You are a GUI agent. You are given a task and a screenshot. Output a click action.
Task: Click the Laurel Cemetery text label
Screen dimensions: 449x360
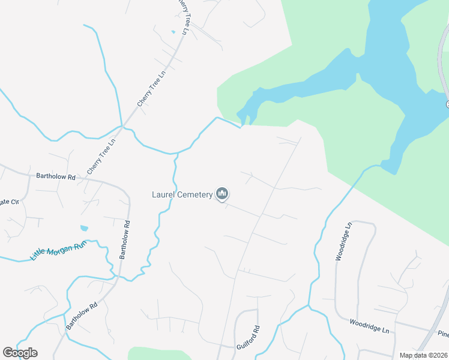(x=182, y=194)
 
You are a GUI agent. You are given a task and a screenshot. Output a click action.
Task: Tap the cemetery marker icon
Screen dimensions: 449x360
(x=223, y=193)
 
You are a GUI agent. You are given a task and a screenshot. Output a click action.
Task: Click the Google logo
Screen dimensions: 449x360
(x=20, y=352)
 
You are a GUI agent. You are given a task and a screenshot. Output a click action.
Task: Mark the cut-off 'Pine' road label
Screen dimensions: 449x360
(x=443, y=334)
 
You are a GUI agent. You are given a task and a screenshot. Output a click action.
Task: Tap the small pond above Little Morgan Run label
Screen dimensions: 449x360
(x=83, y=229)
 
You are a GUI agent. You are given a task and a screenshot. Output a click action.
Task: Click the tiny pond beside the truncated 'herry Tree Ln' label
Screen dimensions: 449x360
(x=173, y=31)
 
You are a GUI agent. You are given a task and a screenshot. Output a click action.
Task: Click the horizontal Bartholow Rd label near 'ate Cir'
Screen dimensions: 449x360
(x=55, y=177)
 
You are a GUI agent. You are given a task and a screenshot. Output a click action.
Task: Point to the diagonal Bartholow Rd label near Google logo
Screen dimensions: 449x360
(x=82, y=315)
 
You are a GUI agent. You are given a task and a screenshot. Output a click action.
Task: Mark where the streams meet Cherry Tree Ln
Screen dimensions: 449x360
(x=122, y=127)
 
